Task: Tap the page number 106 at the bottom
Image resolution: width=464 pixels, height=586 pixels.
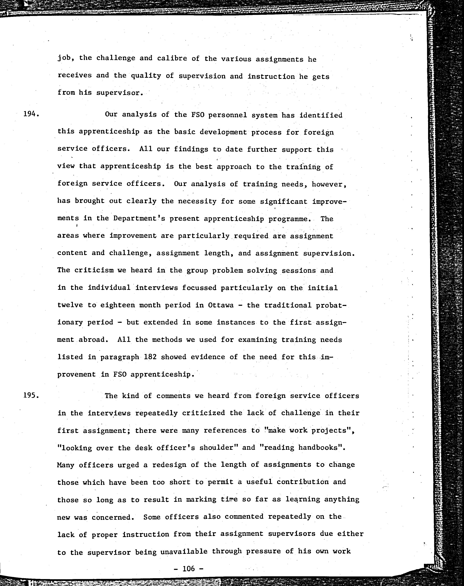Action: click(189, 568)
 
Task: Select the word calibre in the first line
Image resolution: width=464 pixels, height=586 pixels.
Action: click(172, 58)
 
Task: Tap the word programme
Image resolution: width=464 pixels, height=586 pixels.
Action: click(289, 219)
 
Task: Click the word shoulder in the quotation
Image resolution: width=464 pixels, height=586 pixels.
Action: click(217, 448)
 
